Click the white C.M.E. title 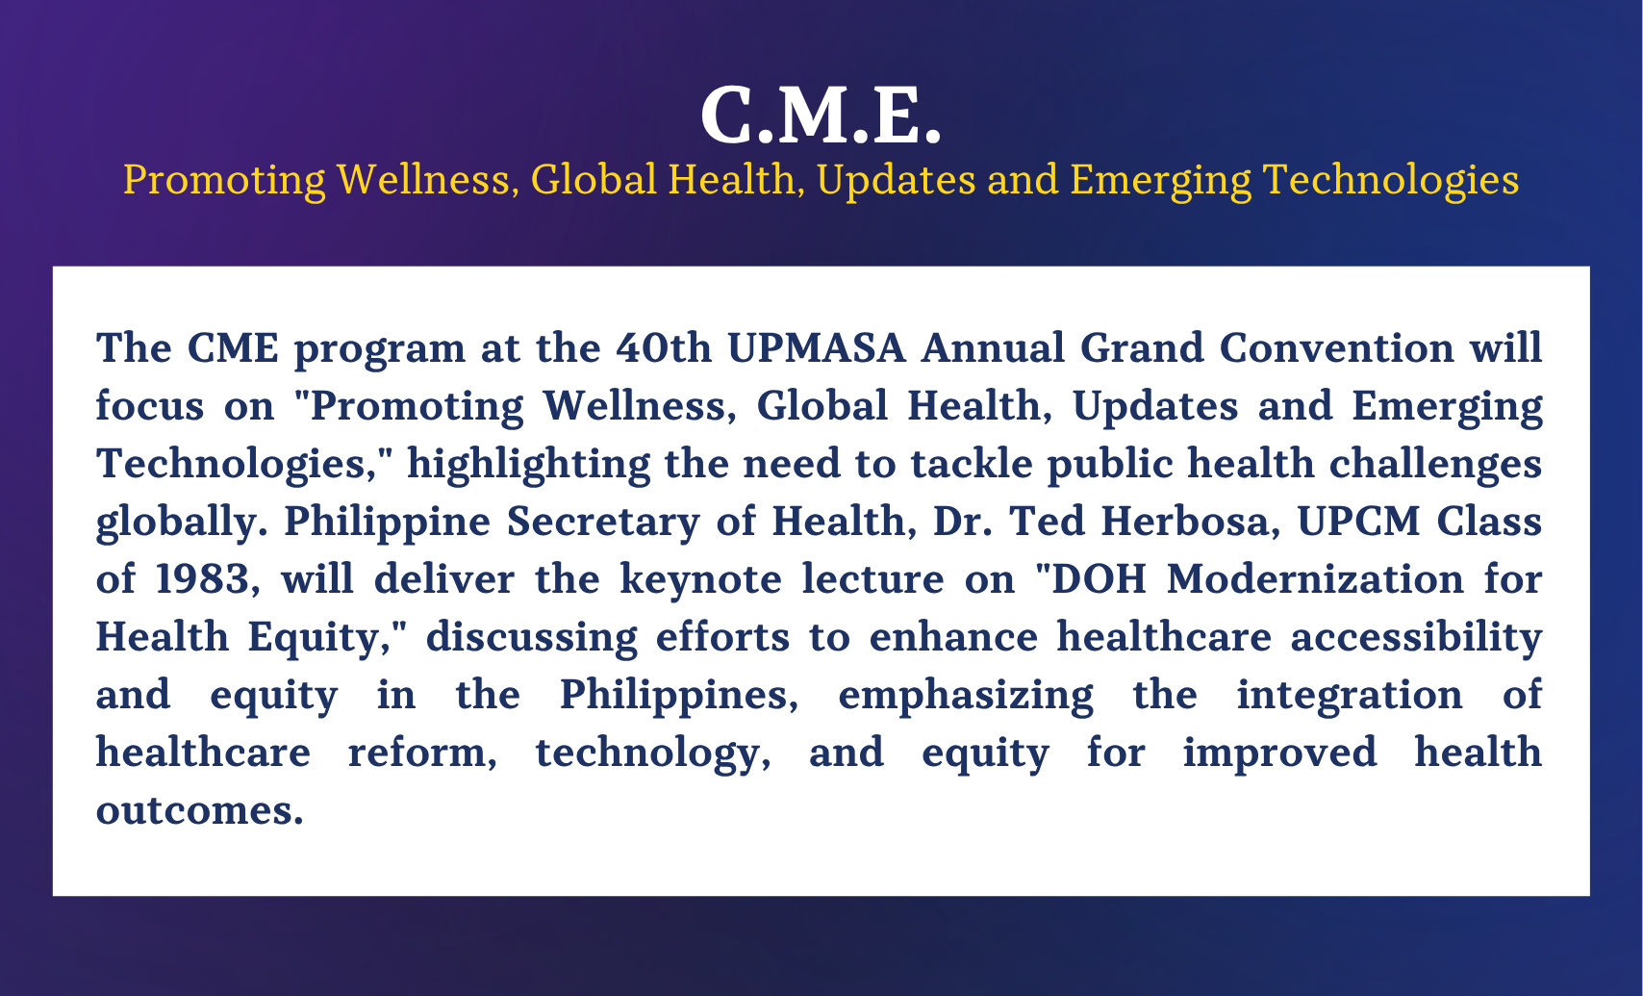tap(821, 116)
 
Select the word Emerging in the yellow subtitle tap(1160, 181)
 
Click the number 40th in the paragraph tap(663, 347)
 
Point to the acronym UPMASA tap(817, 347)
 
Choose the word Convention tap(1336, 347)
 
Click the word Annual tap(993, 347)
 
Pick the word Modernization tap(1315, 579)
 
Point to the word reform tap(421, 753)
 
